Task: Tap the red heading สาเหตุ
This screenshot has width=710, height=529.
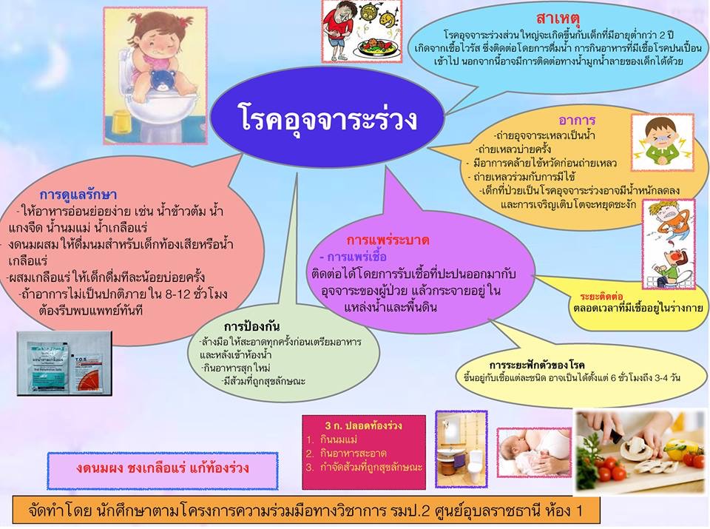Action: (x=558, y=18)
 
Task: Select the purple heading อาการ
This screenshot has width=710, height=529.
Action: (x=577, y=121)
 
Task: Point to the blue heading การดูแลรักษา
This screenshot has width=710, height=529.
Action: (x=78, y=195)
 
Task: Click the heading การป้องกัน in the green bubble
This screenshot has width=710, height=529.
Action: (x=251, y=326)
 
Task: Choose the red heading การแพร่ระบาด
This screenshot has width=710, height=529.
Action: (x=388, y=240)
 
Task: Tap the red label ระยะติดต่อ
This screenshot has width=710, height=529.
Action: (x=601, y=297)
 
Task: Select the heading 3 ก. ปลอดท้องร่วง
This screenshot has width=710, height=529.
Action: (x=363, y=425)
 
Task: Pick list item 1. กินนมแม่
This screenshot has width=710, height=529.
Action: (x=332, y=439)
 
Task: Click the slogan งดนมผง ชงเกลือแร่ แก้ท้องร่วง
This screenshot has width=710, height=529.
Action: (x=163, y=468)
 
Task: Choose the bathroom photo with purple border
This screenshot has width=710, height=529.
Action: (x=461, y=449)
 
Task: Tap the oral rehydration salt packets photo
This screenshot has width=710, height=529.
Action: (x=64, y=363)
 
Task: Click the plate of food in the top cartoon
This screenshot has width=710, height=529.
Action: (x=376, y=47)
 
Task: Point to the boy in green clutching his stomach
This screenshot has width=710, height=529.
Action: (x=661, y=142)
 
